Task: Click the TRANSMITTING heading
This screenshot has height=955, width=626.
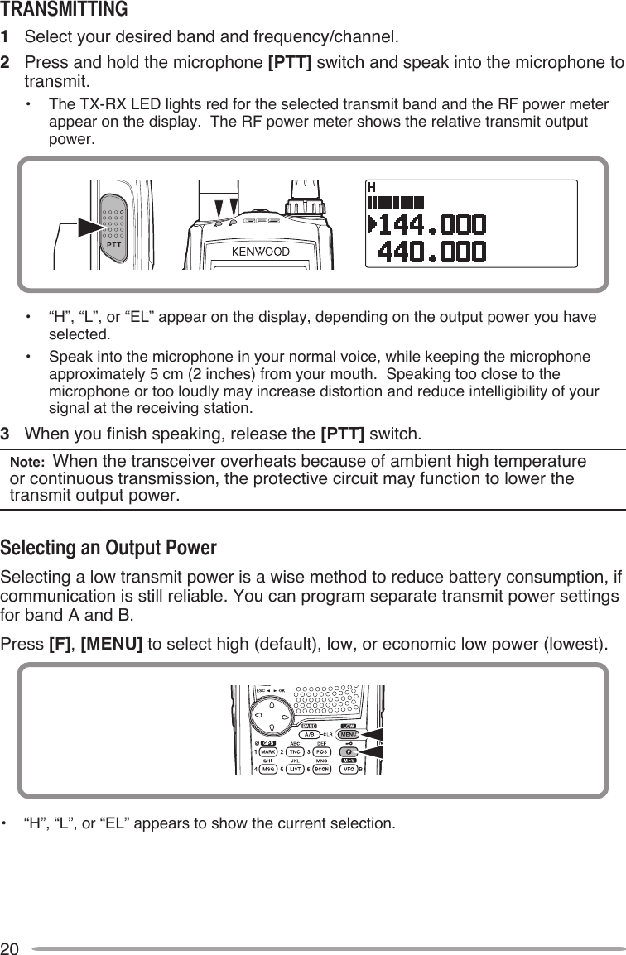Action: point(65,10)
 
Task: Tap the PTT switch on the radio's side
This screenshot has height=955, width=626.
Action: point(113,223)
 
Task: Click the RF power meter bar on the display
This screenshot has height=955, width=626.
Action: point(395,201)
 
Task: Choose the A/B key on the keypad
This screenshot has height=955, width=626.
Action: point(308,734)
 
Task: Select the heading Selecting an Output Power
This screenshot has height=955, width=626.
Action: point(108,549)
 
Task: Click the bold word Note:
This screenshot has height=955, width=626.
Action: point(28,462)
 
